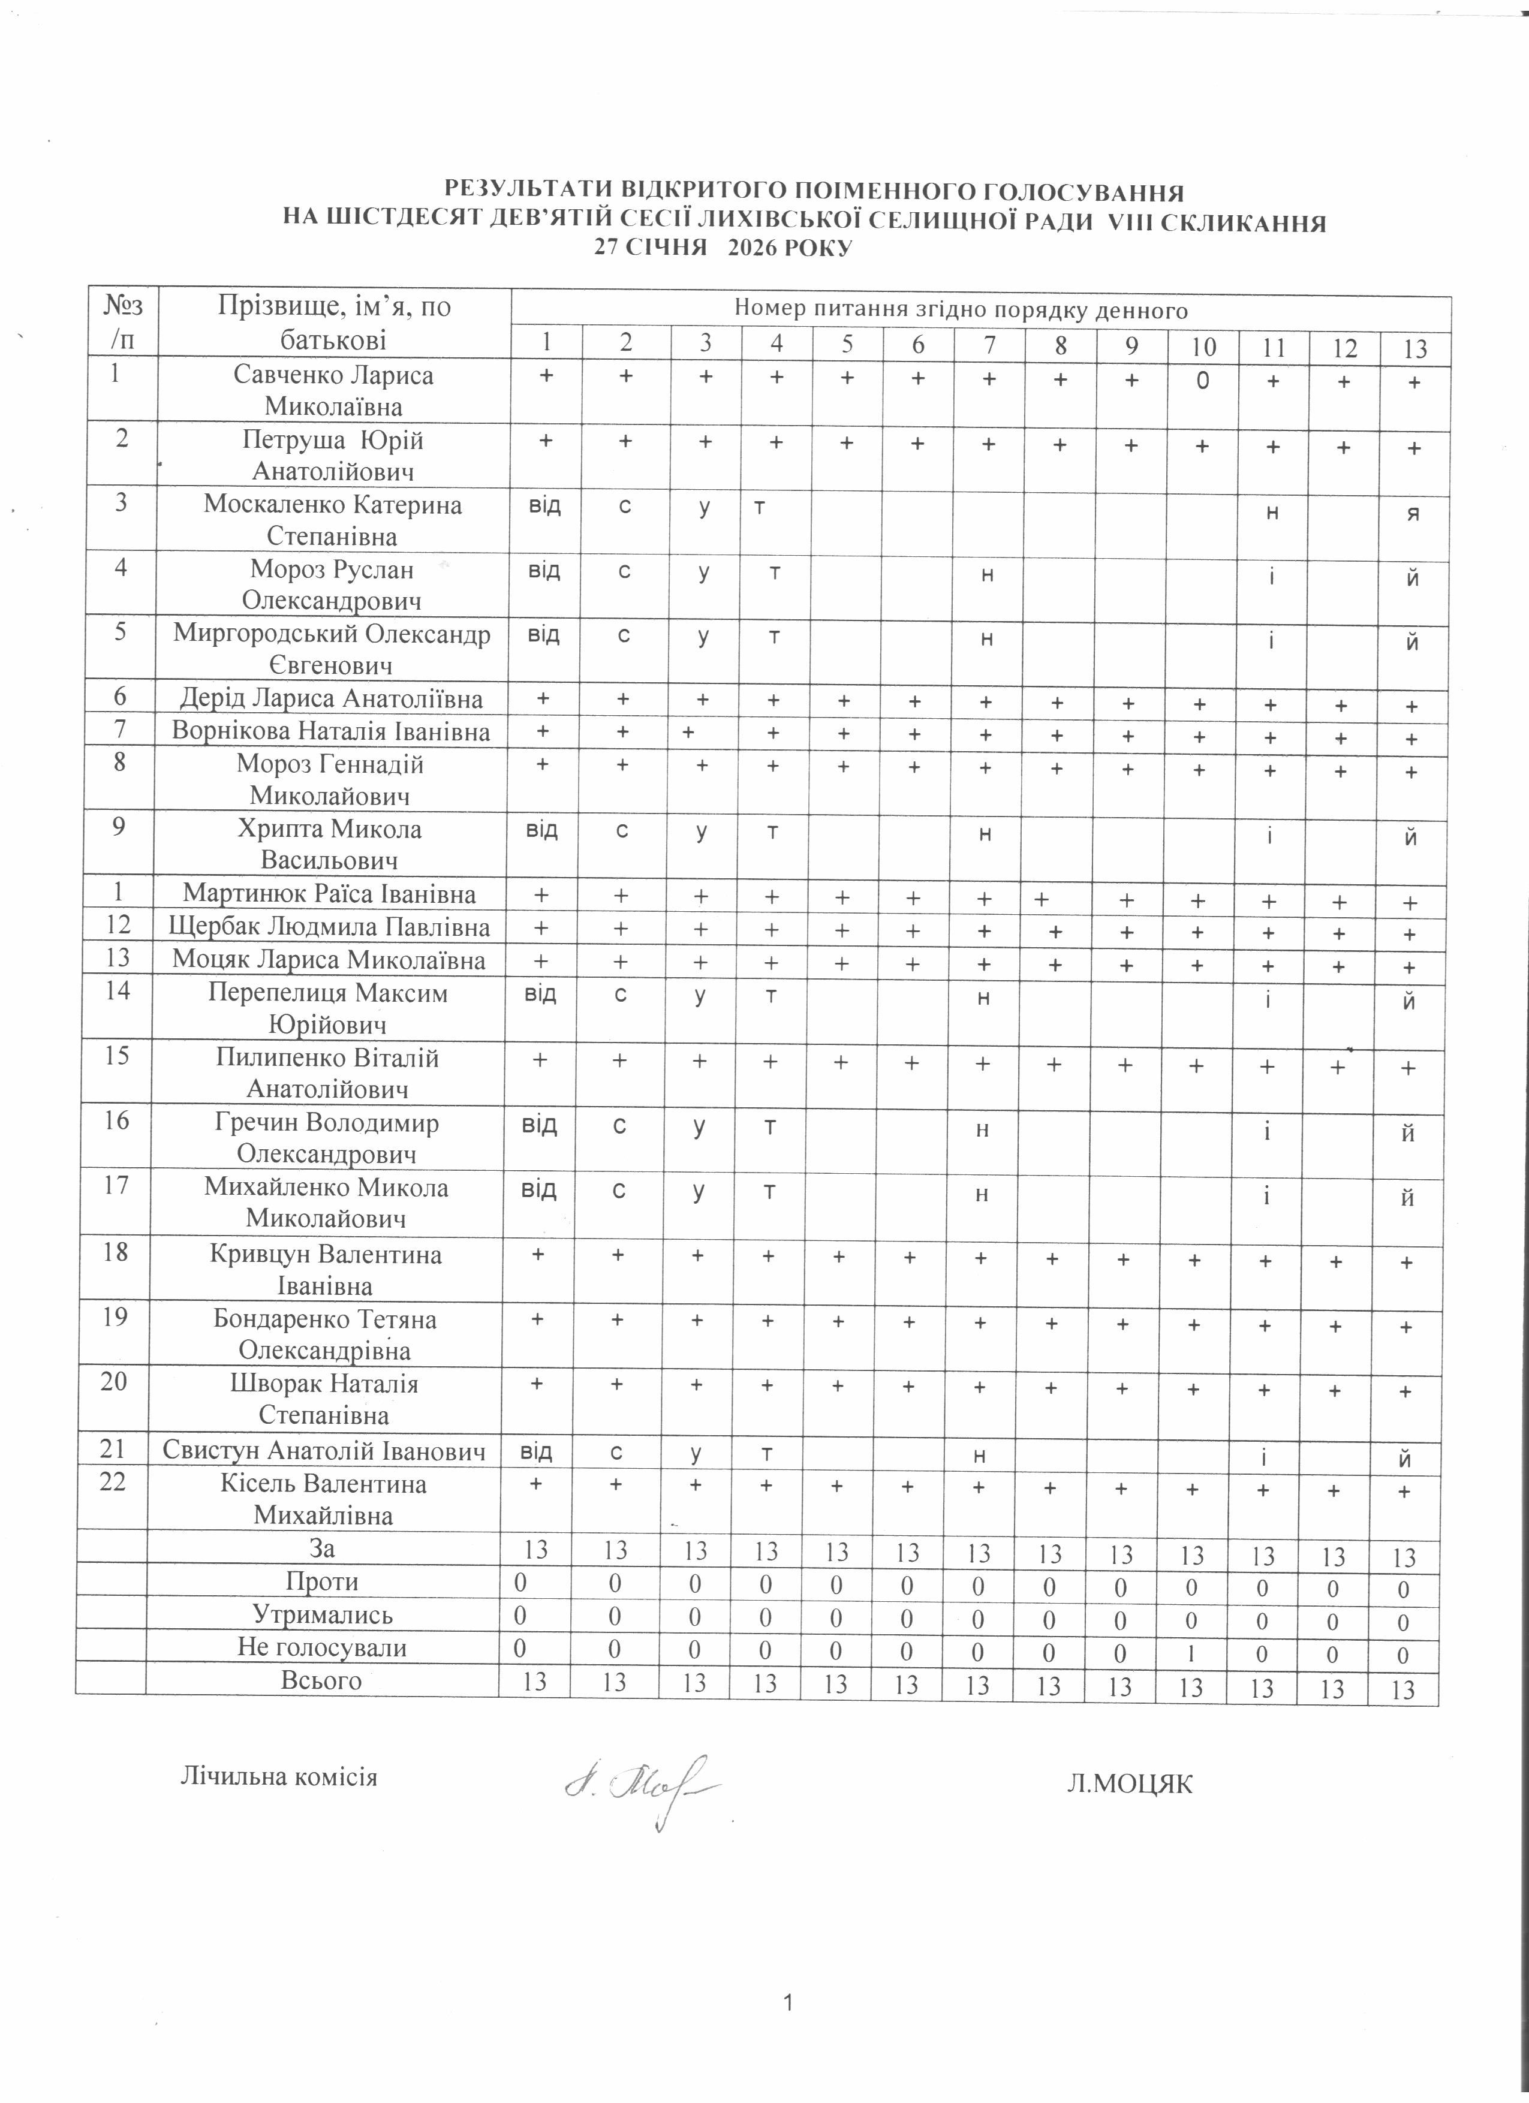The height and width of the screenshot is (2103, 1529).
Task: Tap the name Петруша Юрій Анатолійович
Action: click(x=333, y=455)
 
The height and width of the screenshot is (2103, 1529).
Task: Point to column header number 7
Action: click(x=989, y=345)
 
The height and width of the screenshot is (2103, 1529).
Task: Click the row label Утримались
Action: click(x=323, y=1614)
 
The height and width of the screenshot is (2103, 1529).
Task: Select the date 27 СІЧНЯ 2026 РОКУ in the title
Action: click(x=723, y=249)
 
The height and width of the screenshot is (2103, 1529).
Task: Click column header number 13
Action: click(x=1415, y=349)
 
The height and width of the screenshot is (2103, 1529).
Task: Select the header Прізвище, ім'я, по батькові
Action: click(x=334, y=322)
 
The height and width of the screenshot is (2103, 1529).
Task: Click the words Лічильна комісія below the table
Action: click(x=278, y=1777)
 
